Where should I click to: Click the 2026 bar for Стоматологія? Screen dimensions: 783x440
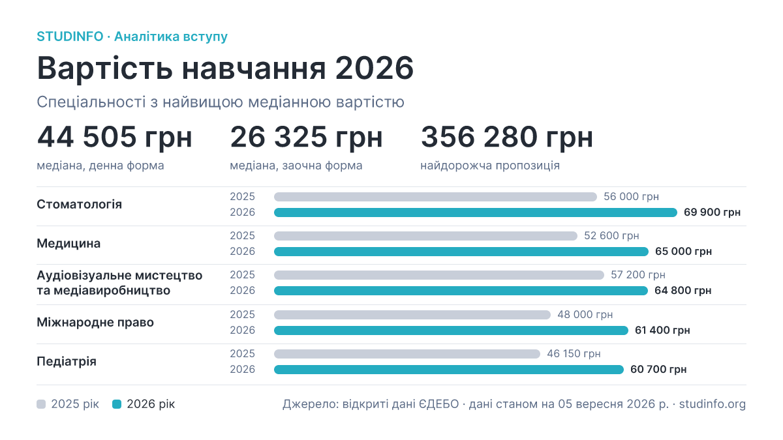(x=476, y=213)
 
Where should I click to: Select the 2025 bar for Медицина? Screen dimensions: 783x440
(x=425, y=236)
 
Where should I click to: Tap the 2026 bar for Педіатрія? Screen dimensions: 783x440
(x=449, y=370)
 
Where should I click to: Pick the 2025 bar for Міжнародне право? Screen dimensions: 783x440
(x=412, y=315)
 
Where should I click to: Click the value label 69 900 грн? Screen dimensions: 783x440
(x=712, y=213)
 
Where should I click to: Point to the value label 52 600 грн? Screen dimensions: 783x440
(x=611, y=236)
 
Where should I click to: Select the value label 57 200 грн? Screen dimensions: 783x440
(x=638, y=275)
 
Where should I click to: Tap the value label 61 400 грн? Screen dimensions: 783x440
(x=662, y=330)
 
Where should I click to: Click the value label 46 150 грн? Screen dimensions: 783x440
(x=574, y=354)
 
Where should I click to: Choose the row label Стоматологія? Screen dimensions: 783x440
(x=80, y=204)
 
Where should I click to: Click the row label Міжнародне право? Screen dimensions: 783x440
(x=95, y=322)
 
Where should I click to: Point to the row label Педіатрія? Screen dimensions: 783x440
(x=67, y=361)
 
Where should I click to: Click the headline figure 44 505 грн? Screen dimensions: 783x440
(x=115, y=138)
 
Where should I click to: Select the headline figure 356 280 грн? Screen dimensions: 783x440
(x=507, y=138)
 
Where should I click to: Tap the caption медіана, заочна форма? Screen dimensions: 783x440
(x=296, y=166)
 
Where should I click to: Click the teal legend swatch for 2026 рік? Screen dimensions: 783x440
(x=117, y=404)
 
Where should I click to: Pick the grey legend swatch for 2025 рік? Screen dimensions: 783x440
(x=41, y=404)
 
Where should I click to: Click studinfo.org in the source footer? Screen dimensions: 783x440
(x=713, y=404)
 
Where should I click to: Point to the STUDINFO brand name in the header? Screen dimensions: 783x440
(x=70, y=37)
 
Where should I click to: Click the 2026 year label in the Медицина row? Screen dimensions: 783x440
(x=242, y=252)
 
